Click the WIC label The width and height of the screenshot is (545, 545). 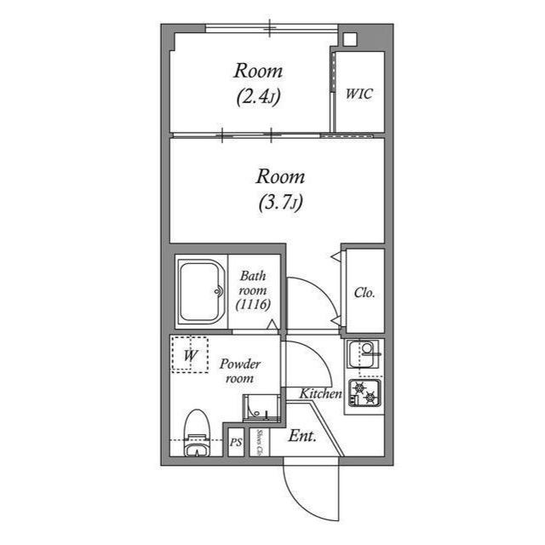pyautogui.click(x=359, y=94)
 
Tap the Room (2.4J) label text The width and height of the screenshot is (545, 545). pyautogui.click(x=258, y=83)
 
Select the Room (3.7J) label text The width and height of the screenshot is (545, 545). pyautogui.click(x=281, y=189)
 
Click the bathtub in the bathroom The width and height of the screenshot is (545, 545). pyautogui.click(x=201, y=291)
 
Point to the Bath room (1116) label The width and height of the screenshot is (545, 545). pyautogui.click(x=253, y=290)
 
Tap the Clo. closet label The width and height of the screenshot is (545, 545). pyautogui.click(x=364, y=293)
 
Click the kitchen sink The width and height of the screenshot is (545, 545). pyautogui.click(x=364, y=354)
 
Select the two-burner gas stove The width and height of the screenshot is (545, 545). pyautogui.click(x=365, y=393)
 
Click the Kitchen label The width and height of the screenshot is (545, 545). pyautogui.click(x=320, y=393)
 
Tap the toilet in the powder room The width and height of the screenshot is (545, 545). pyautogui.click(x=197, y=433)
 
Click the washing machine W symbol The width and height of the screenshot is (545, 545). pyautogui.click(x=190, y=354)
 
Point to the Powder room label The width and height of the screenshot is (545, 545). pyautogui.click(x=240, y=371)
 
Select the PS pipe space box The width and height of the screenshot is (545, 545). pyautogui.click(x=236, y=442)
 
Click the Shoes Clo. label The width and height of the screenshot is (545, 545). pyautogui.click(x=259, y=442)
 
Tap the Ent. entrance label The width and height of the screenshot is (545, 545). pyautogui.click(x=302, y=436)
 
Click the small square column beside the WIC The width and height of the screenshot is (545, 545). pyautogui.click(x=350, y=39)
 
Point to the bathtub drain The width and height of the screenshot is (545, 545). pyautogui.click(x=219, y=291)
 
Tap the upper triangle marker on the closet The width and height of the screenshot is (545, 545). pyautogui.click(x=336, y=256)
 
